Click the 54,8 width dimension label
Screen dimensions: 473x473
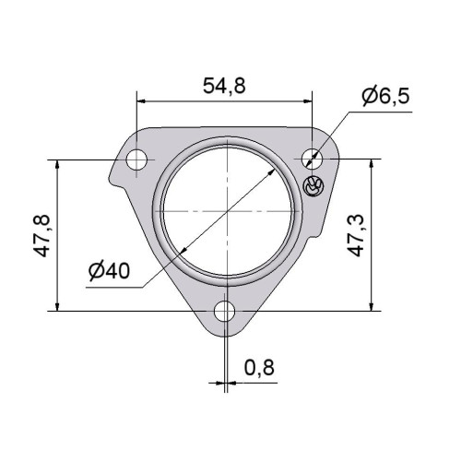coord(224,86)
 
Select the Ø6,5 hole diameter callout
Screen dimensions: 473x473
coord(385,96)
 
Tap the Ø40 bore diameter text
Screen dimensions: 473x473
coord(109,271)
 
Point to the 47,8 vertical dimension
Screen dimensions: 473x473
coord(41,236)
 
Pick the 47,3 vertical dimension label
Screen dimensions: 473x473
coord(356,236)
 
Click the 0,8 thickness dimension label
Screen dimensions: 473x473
coord(259,367)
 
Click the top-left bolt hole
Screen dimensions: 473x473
coord(136,160)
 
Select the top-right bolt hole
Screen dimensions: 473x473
coord(312,159)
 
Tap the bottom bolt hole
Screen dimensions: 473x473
coord(225,312)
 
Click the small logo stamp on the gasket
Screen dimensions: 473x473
coord(313,186)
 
